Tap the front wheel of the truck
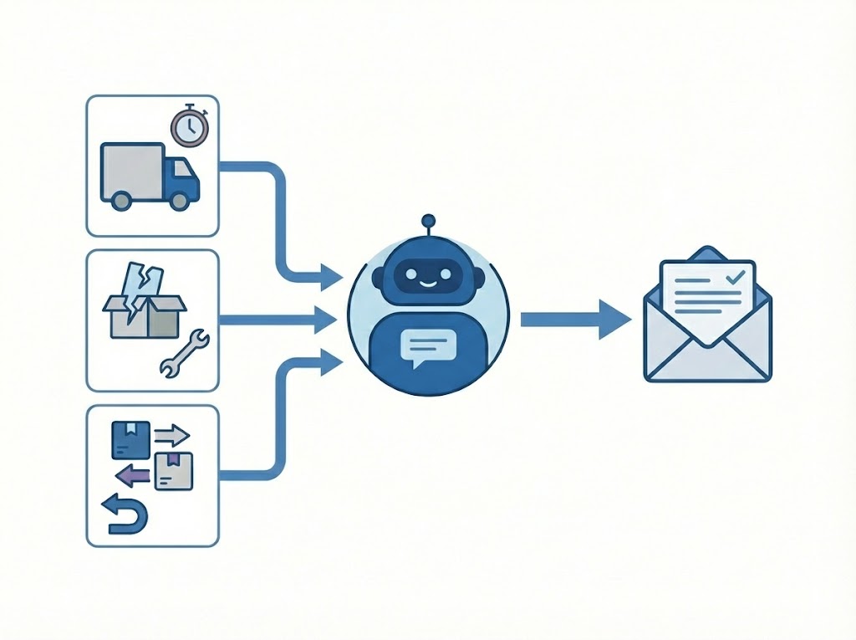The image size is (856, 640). [179, 200]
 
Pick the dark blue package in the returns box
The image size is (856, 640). [130, 438]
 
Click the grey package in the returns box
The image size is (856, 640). [173, 471]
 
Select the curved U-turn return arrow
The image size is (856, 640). [125, 514]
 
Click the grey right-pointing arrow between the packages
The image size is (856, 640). [172, 435]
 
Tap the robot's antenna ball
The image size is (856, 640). [428, 221]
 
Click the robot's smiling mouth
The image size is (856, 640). [428, 284]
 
